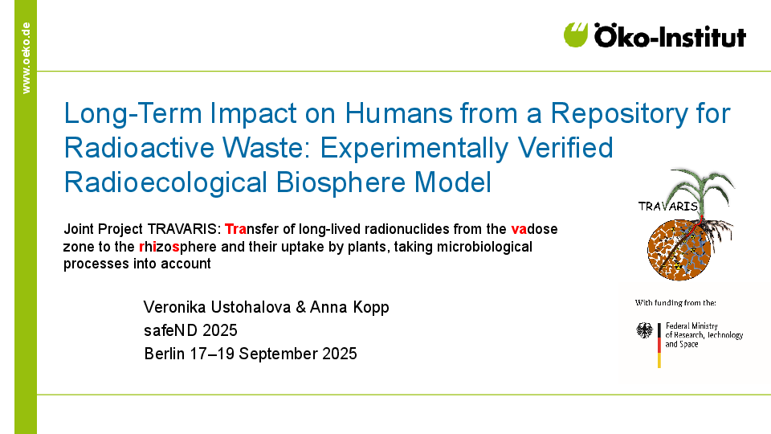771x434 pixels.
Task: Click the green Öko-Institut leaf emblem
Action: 576,35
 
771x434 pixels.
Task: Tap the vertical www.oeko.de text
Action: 26,58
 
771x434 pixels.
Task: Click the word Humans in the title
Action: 398,113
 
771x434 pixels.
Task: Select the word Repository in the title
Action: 619,114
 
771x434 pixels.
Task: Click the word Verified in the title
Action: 565,148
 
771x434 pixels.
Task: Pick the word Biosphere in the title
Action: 341,183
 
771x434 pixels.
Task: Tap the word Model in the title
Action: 453,182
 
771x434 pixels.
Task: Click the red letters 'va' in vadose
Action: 519,229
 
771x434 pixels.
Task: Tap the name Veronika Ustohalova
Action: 218,307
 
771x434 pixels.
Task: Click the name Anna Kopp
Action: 349,307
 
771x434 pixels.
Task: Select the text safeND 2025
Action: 190,330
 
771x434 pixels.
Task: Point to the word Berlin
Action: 164,354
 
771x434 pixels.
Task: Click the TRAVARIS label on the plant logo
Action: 667,207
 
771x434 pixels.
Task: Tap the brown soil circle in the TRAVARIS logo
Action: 679,249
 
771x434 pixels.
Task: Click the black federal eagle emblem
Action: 644,330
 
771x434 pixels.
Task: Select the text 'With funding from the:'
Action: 675,303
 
